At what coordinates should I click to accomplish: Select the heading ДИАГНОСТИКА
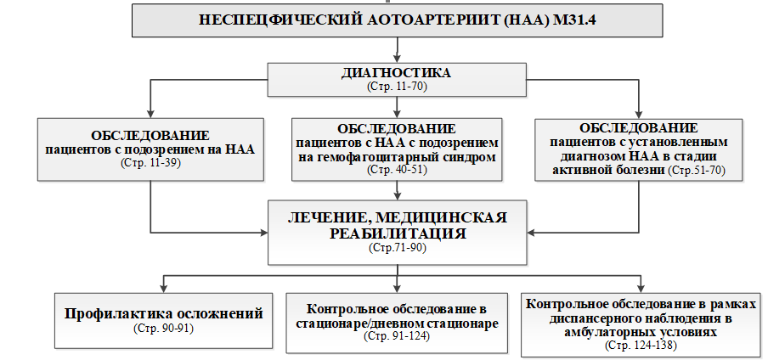click(x=397, y=74)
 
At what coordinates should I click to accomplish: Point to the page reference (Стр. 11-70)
click(x=397, y=87)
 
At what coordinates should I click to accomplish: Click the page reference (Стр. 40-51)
click(x=397, y=169)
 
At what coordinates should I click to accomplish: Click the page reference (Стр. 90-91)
click(x=164, y=328)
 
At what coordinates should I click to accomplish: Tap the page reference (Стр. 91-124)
click(x=397, y=337)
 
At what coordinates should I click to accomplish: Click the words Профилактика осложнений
click(x=164, y=313)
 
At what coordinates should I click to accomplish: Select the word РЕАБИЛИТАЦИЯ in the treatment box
click(x=397, y=233)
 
